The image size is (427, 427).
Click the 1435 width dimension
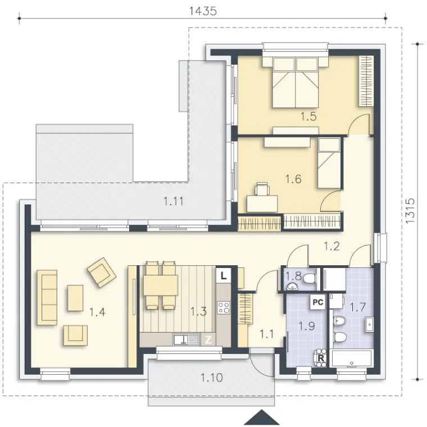click(x=203, y=11)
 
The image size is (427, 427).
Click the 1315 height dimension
click(x=410, y=211)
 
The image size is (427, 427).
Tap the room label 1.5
click(x=308, y=116)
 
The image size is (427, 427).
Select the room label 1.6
click(x=293, y=179)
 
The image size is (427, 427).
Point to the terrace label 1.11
click(x=174, y=202)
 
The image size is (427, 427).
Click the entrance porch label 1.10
click(x=212, y=378)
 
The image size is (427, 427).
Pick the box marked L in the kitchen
click(x=223, y=276)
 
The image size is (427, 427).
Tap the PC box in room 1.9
click(x=318, y=302)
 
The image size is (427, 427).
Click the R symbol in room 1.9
click(x=321, y=358)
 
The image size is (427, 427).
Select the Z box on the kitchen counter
click(x=208, y=339)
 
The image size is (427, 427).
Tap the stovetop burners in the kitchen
click(x=224, y=307)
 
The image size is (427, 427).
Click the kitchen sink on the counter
click(x=185, y=339)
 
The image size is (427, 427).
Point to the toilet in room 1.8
click(x=310, y=278)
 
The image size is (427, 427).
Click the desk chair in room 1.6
click(x=262, y=189)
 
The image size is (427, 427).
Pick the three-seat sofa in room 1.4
click(x=47, y=298)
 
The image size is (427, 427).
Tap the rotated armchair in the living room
click(x=102, y=272)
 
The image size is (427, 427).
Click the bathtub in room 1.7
click(x=352, y=358)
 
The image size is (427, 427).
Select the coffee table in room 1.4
click(x=75, y=298)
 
